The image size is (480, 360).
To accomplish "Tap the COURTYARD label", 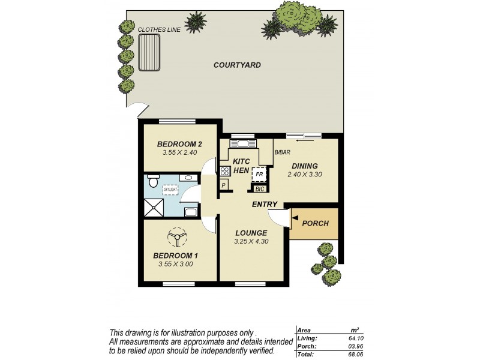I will tap(237, 65).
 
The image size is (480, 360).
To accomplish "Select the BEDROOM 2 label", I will tap(179, 144).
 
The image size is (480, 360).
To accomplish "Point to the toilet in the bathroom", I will tap(153, 180).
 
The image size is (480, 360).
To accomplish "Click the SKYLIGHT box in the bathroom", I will tap(170, 190).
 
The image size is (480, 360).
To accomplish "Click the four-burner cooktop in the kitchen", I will tap(225, 171).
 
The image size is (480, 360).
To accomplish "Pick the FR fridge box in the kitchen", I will tap(259, 174).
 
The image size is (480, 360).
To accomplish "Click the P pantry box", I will tap(223, 185).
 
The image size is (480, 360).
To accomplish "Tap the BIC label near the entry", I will tap(260, 189).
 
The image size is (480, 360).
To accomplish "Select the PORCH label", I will tap(315, 223).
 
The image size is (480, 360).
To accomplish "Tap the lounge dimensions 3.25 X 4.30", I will tap(251, 241).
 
